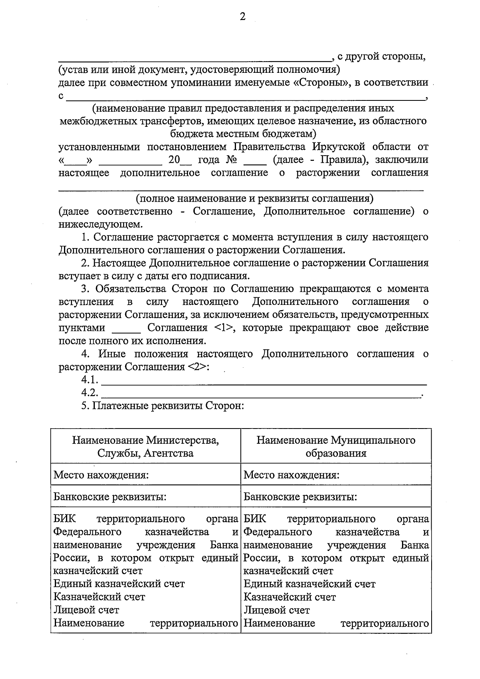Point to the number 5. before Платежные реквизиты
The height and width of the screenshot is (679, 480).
click(85, 406)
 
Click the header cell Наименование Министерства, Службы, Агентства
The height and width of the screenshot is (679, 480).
click(146, 447)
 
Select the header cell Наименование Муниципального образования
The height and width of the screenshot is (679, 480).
click(336, 447)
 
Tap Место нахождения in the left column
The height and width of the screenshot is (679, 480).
click(101, 475)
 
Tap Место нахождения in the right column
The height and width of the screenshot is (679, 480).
click(292, 475)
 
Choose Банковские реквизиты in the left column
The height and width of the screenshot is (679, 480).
click(110, 497)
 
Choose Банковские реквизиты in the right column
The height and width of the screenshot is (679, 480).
click(300, 497)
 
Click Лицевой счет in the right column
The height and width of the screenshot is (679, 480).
click(277, 610)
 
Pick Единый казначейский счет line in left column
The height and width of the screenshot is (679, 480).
click(119, 584)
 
